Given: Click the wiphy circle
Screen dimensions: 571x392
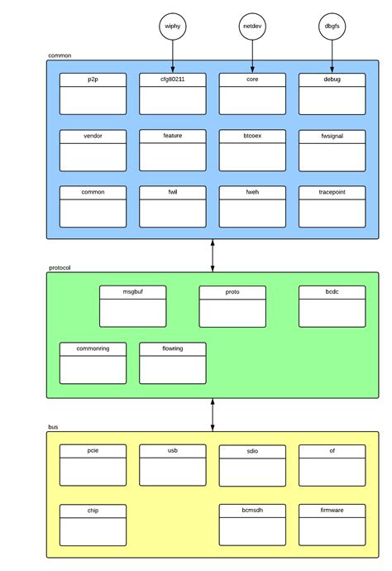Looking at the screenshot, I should click(x=172, y=26).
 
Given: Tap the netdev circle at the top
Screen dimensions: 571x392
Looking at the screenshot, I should click(x=252, y=26).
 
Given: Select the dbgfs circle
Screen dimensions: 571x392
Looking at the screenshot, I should click(x=332, y=26).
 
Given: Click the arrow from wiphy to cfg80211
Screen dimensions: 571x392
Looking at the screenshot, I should click(x=172, y=56).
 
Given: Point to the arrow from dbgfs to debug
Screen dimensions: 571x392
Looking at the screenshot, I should click(x=332, y=56).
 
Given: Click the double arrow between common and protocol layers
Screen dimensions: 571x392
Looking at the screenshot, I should click(x=213, y=256).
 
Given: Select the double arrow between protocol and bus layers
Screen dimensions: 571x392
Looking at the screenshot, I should click(x=213, y=415).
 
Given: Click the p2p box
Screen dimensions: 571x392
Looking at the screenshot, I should click(x=93, y=94).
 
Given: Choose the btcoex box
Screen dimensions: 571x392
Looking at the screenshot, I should click(x=252, y=150).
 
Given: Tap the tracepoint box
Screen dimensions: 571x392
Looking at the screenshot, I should click(x=332, y=206).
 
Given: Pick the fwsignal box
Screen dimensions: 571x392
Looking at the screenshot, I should click(x=332, y=150).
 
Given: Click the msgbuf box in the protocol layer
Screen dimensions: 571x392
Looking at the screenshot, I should click(x=132, y=306).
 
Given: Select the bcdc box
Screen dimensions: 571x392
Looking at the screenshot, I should click(x=332, y=306).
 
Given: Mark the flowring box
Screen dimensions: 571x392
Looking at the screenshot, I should click(x=172, y=362).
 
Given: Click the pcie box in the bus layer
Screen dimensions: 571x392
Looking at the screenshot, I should click(x=93, y=465).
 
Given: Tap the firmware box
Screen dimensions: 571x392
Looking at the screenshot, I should click(x=332, y=525).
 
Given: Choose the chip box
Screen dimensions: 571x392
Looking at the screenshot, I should click(x=93, y=525).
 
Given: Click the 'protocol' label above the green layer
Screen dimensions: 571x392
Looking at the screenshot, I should click(x=60, y=268).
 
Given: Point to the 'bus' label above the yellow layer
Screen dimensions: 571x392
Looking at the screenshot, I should click(x=53, y=427).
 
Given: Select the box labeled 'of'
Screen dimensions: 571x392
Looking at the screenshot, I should click(x=332, y=465).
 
